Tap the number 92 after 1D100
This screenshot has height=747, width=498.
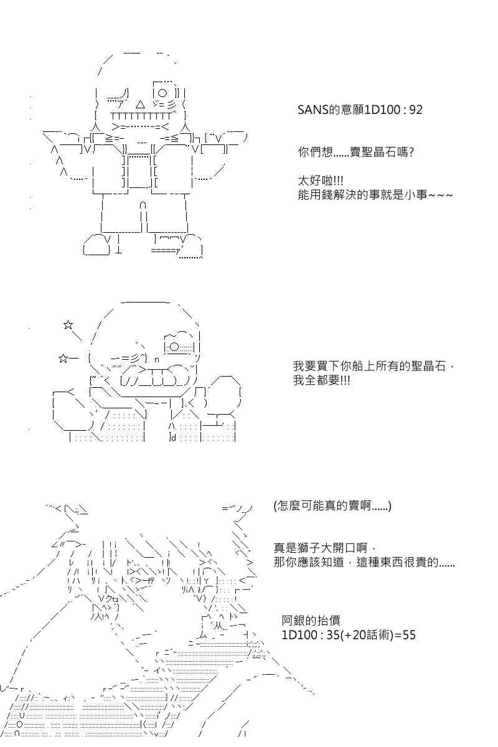point(415,110)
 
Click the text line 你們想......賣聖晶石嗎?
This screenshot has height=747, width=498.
point(356,153)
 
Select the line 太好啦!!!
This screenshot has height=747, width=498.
point(321,181)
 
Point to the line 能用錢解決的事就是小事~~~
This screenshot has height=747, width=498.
point(375,195)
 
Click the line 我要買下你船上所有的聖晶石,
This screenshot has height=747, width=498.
point(374,366)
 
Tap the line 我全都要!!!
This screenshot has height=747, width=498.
point(322,380)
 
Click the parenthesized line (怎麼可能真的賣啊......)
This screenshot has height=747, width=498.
point(332,506)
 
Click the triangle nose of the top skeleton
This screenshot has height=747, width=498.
point(141,105)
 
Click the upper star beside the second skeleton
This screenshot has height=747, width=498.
point(68,324)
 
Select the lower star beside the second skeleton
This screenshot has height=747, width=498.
point(63,359)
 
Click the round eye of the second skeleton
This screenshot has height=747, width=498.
point(174,347)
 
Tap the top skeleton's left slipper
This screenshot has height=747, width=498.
point(96,246)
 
